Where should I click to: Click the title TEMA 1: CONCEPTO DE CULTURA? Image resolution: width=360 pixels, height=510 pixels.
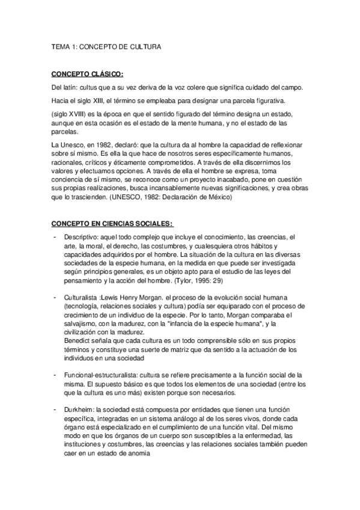(105, 45)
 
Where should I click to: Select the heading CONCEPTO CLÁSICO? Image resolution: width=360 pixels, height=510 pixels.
(87, 74)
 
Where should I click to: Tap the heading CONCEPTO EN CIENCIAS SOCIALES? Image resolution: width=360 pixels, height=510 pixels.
(112, 224)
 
